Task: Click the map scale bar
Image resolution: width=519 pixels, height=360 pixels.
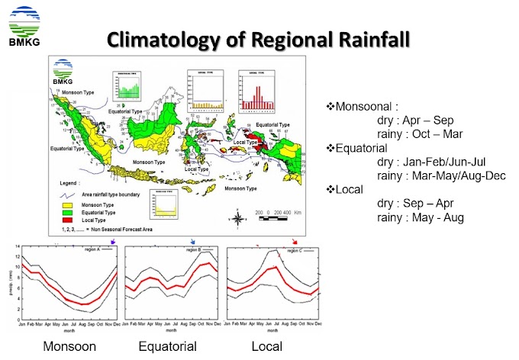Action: (x=278, y=219)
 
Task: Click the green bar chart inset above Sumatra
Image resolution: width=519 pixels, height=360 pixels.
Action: (x=127, y=87)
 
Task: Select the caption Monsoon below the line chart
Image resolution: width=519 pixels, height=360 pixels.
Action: (x=69, y=347)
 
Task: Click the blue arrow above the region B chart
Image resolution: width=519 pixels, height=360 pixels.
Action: (x=192, y=241)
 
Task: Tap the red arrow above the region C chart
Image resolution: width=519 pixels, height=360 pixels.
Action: (x=295, y=241)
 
